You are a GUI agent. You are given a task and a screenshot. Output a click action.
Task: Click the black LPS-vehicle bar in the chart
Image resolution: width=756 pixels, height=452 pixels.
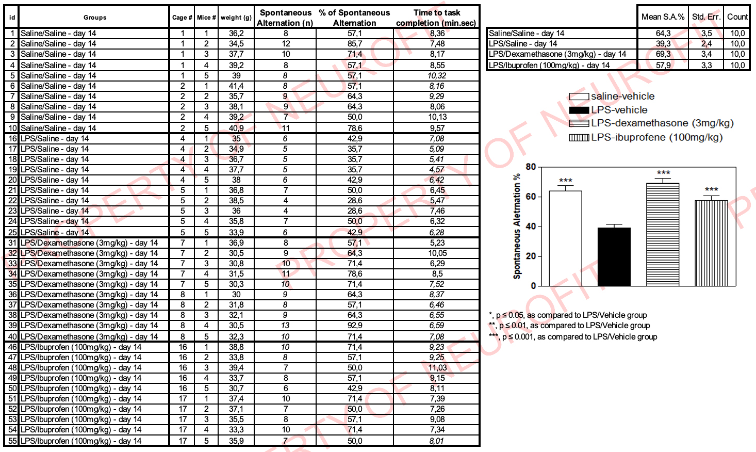[614, 256]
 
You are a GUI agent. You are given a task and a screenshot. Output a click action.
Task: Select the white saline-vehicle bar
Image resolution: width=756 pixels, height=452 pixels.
[565, 238]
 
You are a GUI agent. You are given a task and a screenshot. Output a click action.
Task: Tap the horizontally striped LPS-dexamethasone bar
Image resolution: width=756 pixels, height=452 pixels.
[663, 235]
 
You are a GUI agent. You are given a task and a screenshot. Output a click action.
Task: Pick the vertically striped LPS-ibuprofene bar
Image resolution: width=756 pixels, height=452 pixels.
[711, 243]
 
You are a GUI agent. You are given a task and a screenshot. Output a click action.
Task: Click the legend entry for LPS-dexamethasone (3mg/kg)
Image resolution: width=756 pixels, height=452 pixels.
[651, 123]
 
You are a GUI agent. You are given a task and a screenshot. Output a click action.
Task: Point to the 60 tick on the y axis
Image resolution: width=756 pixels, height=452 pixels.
[531, 197]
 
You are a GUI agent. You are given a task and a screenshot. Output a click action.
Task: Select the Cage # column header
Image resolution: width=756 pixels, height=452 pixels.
[182, 18]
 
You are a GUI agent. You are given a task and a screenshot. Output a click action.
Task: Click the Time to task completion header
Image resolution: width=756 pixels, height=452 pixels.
[436, 18]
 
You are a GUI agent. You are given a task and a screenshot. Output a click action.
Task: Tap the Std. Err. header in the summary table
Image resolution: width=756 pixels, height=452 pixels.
[706, 17]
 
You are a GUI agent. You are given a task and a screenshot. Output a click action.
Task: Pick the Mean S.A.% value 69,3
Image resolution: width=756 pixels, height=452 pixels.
[663, 54]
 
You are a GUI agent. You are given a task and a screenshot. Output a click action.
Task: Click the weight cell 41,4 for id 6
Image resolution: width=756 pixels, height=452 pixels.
[236, 86]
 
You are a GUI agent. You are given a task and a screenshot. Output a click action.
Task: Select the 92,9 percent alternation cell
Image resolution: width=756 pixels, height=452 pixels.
[355, 326]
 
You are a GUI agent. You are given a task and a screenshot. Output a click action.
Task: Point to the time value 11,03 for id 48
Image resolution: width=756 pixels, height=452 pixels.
[437, 368]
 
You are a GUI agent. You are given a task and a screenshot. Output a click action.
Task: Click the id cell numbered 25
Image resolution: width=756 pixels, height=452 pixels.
[12, 233]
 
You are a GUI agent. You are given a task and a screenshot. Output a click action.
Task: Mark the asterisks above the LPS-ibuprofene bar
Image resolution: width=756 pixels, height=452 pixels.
[711, 190]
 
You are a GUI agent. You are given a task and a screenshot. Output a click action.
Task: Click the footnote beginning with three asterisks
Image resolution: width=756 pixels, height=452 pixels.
[573, 337]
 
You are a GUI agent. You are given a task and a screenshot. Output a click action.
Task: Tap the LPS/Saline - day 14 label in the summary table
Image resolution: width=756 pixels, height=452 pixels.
[523, 44]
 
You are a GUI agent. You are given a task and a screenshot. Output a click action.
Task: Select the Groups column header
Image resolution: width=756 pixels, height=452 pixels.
[95, 18]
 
